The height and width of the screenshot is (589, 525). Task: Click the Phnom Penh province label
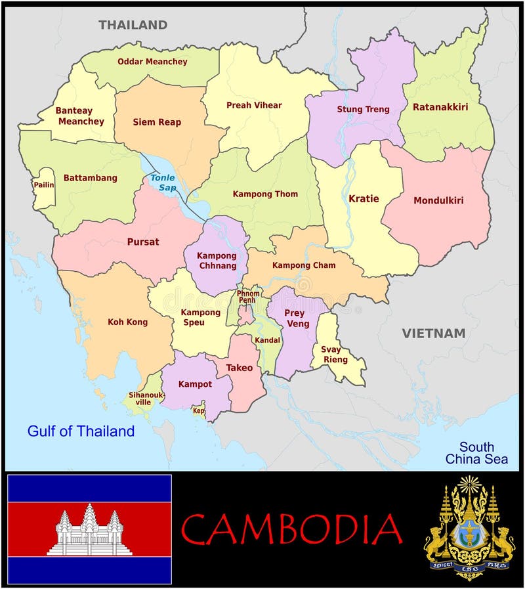coord(247,297)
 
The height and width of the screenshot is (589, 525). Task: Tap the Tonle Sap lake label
coord(163,183)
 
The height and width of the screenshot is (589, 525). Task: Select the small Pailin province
coord(44,185)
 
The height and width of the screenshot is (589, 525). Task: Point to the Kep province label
coord(198,411)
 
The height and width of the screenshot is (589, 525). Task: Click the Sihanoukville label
coord(146,399)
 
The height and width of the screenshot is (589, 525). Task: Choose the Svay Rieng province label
coord(331,355)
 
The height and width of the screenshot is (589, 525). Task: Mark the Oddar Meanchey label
coord(152,62)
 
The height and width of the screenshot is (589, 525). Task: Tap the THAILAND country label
coord(133,25)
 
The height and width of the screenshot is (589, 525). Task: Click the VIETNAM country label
coord(433,334)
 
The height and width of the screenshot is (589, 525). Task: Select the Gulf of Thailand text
coord(81,431)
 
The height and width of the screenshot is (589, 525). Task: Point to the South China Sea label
coord(476,453)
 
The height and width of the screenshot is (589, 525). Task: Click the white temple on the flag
coord(89,530)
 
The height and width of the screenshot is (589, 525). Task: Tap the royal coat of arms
coord(469,528)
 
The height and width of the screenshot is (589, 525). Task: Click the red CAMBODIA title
coord(291,529)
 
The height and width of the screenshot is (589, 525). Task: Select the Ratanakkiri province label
coord(440,106)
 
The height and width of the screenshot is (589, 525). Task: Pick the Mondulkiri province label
coord(438,200)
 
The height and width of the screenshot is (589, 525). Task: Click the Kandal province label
coord(268,340)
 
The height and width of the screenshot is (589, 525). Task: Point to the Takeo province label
coord(240,368)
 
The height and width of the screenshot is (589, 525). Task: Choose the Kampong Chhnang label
coord(216,261)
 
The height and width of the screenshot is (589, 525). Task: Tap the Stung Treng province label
coord(363,109)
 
